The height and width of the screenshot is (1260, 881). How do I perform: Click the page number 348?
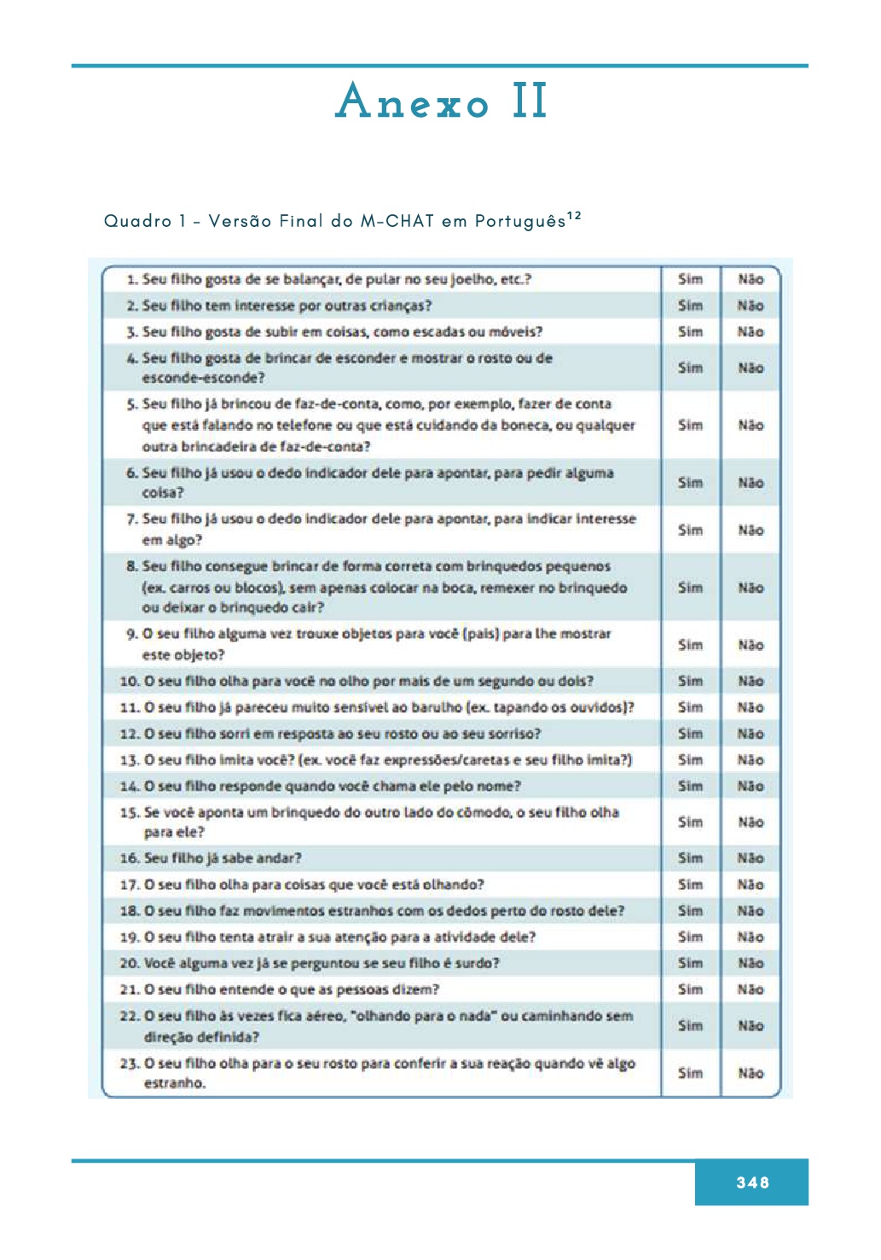[752, 1182]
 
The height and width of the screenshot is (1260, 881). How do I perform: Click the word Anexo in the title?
[413, 102]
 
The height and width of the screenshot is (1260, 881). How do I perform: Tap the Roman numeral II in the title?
[530, 102]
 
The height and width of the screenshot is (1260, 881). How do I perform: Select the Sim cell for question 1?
[690, 279]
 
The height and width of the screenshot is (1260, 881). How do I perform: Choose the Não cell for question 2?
[751, 305]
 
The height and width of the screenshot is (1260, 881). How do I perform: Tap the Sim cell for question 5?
[690, 425]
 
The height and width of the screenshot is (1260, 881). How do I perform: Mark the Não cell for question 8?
[751, 588]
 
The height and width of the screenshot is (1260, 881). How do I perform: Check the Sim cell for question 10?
[690, 681]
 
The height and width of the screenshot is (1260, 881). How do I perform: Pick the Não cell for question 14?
[751, 787]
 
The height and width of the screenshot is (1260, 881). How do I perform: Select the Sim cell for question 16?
[690, 858]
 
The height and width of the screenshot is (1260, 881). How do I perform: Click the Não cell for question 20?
[751, 963]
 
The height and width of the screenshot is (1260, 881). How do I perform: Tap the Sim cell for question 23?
[690, 1073]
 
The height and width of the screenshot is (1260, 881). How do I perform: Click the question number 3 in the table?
[132, 332]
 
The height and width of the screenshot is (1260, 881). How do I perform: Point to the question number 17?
[130, 885]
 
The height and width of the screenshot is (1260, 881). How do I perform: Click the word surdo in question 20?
[478, 963]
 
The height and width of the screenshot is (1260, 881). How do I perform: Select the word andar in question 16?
[280, 858]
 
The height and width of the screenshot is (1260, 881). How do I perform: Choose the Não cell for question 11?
[751, 707]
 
